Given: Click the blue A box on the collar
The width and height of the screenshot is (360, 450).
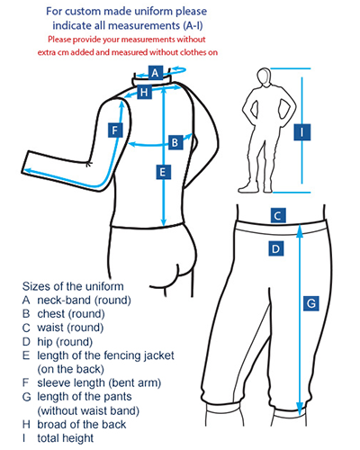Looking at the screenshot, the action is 156,73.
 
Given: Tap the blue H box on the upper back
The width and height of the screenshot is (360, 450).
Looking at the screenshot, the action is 144,92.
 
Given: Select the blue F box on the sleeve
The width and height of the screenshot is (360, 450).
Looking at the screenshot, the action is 115,130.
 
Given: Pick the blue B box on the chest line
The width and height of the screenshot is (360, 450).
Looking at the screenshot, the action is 175,142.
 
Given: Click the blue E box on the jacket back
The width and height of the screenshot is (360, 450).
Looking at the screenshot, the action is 164,172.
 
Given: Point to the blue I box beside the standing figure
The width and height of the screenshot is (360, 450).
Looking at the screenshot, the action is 301,132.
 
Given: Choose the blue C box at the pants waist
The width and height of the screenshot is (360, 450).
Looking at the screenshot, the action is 278,215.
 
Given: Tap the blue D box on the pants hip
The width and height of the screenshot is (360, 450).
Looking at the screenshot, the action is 276,248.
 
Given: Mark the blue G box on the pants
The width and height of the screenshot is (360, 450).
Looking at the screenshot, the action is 311,303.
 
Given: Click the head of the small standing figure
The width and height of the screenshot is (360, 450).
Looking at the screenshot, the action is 264,76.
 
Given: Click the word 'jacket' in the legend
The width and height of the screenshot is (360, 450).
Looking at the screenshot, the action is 159,355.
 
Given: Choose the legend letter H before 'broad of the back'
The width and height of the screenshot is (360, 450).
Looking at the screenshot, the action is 26,424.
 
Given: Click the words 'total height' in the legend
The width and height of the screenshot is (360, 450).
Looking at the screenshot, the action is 66,438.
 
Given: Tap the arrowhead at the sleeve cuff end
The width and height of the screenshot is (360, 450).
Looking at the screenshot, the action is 28,171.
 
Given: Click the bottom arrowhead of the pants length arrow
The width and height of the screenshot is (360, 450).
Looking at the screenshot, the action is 300,409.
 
